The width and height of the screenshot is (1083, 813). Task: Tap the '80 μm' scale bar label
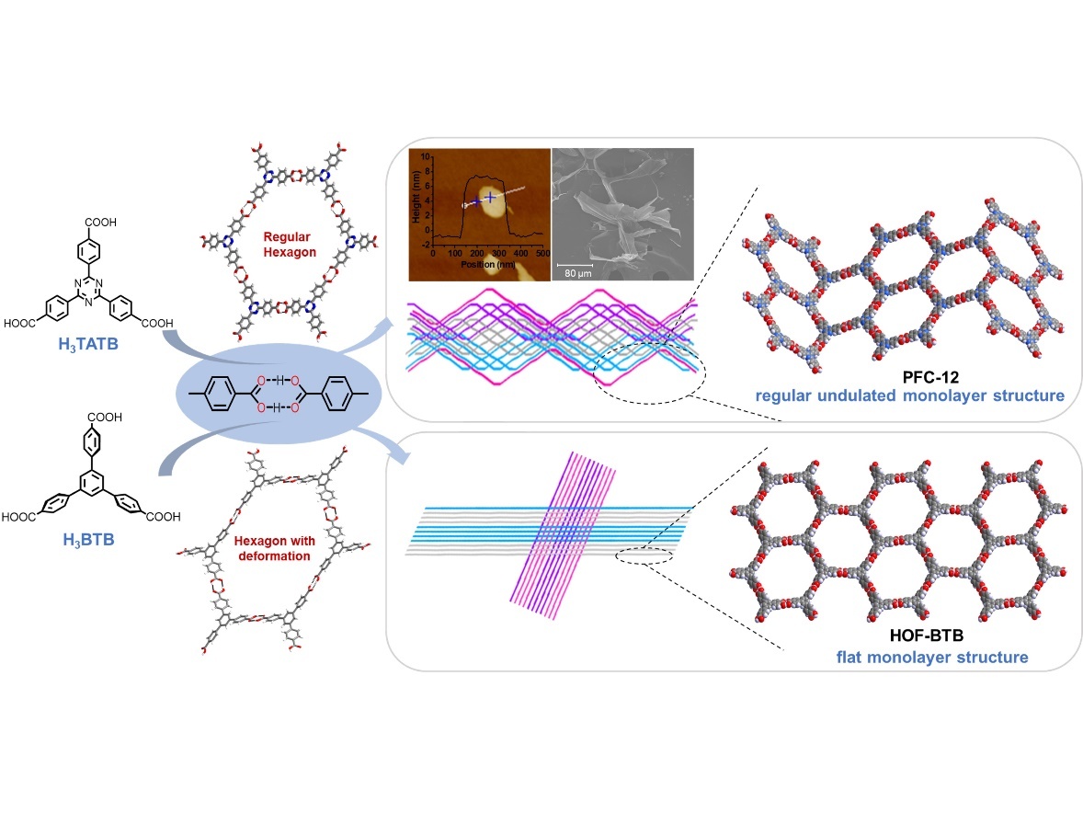[576, 273]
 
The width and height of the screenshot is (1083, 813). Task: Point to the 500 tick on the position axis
[542, 252]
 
